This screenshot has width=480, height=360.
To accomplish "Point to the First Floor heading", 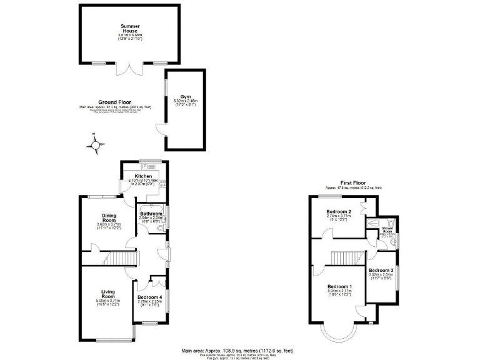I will (x=353, y=182).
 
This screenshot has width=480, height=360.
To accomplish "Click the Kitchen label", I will (x=144, y=176).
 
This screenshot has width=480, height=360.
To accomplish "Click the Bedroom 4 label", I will (x=149, y=297).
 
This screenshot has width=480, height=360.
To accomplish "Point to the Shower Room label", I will (x=387, y=230).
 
